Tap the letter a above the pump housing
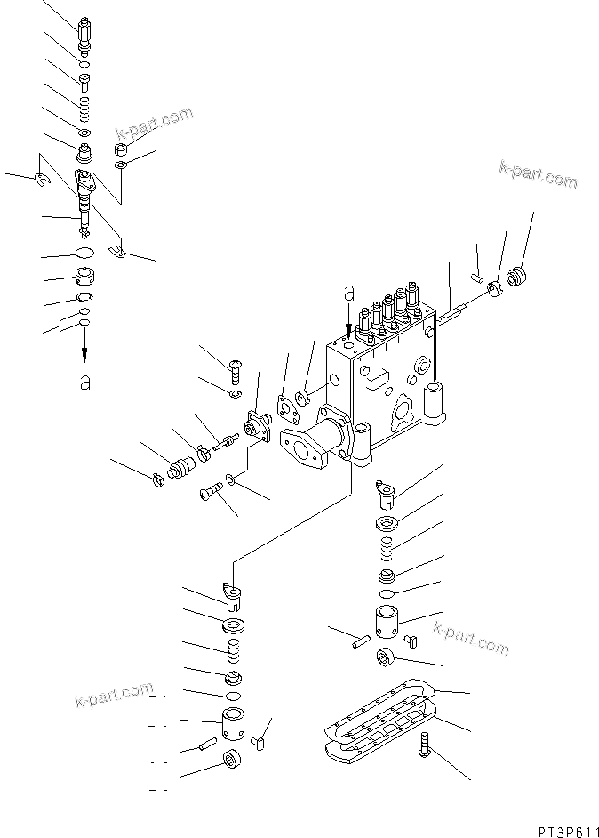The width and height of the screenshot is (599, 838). click(349, 291)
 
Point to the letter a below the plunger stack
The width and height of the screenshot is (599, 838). click(84, 382)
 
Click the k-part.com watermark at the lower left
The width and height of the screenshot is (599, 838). click(113, 697)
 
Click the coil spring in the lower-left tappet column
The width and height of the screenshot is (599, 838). click(236, 654)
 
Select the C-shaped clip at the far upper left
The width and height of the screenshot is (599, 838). click(40, 181)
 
